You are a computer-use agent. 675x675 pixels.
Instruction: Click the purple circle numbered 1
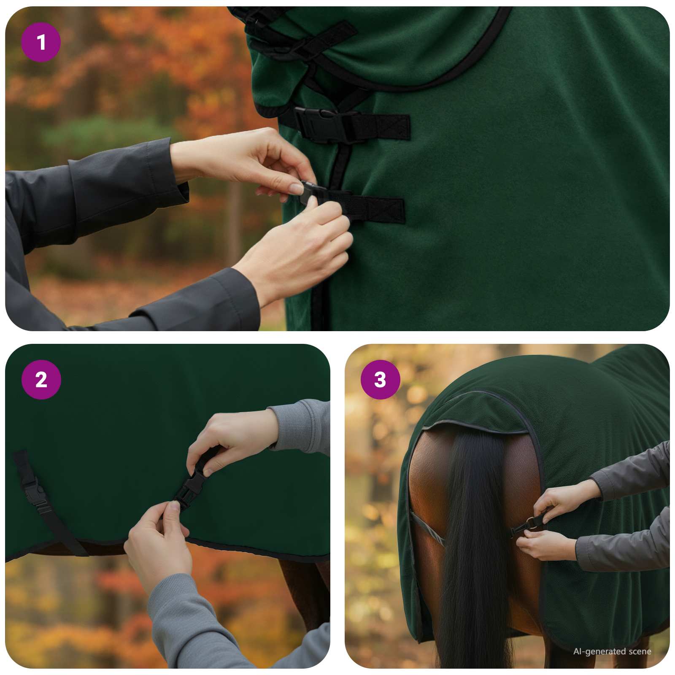click(41, 42)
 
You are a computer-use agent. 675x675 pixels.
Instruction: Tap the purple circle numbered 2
click(41, 380)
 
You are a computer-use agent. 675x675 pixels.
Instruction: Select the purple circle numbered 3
click(380, 380)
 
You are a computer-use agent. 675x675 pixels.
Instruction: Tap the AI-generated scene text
click(612, 651)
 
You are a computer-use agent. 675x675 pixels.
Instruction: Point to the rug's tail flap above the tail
click(477, 411)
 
